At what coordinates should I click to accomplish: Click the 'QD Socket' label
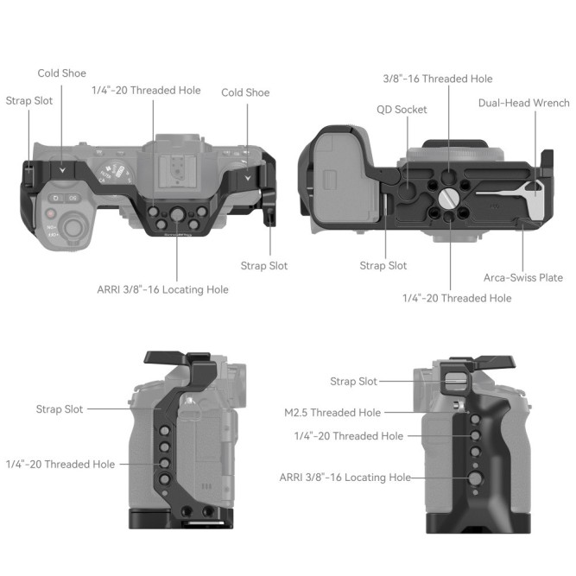(x=402, y=110)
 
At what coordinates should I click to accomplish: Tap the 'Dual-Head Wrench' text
(x=523, y=103)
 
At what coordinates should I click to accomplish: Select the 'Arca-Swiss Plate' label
(x=523, y=277)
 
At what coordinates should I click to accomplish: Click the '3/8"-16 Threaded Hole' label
(x=437, y=79)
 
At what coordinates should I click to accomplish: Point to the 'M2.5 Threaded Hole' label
(x=332, y=413)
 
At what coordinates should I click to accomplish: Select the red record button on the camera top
(x=53, y=212)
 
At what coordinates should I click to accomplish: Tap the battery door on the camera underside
(x=335, y=182)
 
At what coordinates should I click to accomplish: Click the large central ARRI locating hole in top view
(x=178, y=212)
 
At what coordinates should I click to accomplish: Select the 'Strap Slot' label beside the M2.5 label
(x=353, y=381)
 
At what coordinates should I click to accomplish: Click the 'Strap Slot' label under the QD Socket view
(x=383, y=266)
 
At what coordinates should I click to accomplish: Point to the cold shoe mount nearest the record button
(x=60, y=168)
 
